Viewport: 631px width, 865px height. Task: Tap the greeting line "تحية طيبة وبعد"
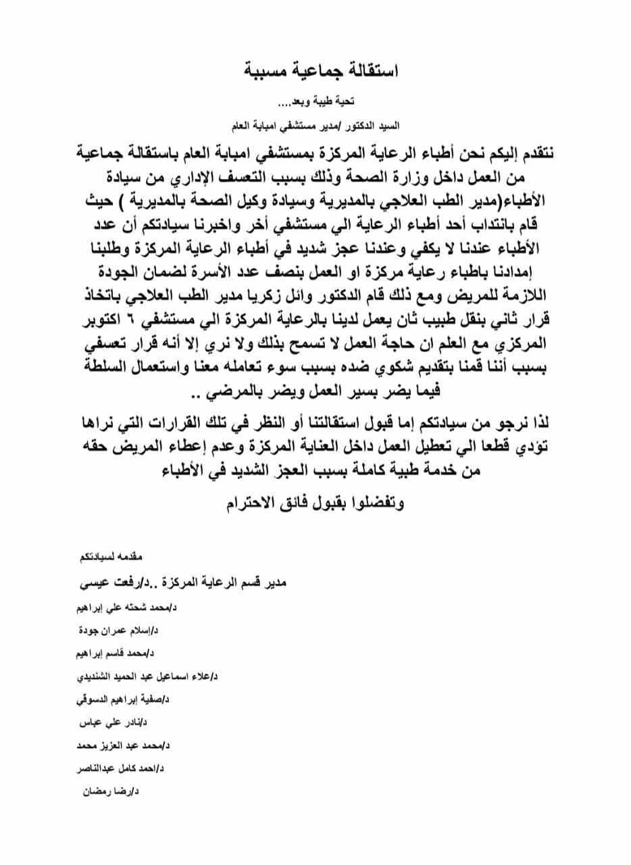[x=318, y=103]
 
